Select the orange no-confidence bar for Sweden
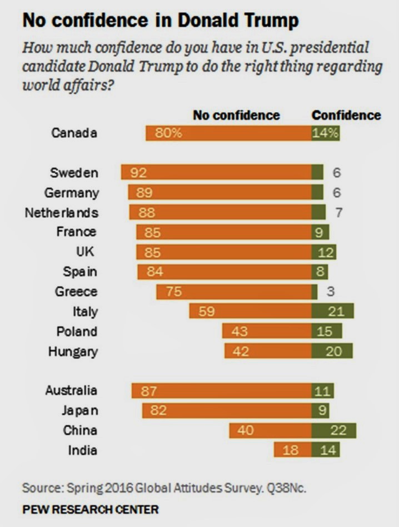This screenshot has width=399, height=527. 217,172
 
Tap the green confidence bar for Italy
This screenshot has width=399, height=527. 333,311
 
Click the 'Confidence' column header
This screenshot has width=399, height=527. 346,116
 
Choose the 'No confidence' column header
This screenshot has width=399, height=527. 236,116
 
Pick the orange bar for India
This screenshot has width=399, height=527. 292,450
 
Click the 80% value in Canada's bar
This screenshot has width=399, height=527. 172,133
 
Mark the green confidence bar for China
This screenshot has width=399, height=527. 334,430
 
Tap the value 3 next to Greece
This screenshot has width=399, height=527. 337,292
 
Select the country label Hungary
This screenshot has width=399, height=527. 73,352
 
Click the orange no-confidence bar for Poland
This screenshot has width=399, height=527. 267,332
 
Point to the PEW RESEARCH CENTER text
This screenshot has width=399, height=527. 90,509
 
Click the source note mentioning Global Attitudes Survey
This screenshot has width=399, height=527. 164,488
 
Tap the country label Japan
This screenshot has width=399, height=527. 79,410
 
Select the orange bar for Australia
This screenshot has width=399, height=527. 222,390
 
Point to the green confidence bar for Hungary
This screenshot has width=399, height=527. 332,351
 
